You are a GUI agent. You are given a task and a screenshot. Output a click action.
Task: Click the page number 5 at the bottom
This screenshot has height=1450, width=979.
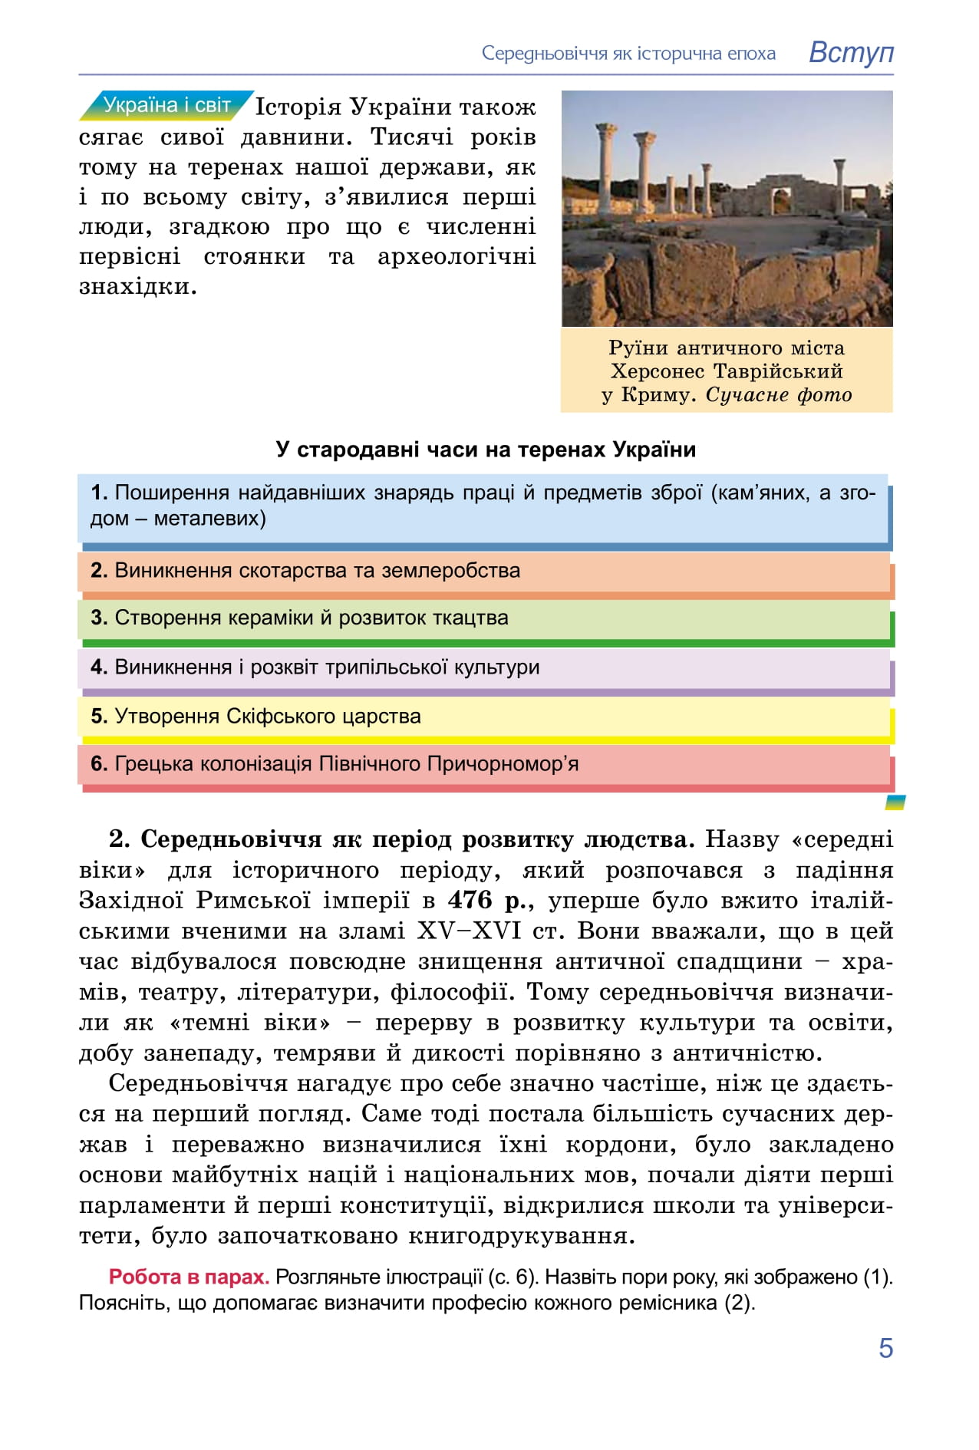pos(885,1347)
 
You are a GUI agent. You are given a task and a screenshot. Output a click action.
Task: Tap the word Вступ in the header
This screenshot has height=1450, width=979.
pos(851,52)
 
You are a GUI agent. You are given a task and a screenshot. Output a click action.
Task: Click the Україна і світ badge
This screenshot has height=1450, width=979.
pos(166,105)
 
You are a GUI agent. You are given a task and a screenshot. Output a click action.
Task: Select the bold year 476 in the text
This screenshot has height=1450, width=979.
pos(470,900)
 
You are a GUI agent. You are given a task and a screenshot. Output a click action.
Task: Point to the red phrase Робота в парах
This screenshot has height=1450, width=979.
pos(189,1277)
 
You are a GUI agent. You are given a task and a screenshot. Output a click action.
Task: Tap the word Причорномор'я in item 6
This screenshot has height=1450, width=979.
pos(503,764)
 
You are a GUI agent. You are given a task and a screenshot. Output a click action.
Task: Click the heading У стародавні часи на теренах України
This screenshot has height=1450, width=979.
pos(486,449)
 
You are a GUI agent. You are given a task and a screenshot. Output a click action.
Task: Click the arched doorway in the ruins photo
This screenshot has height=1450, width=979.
pos(781,199)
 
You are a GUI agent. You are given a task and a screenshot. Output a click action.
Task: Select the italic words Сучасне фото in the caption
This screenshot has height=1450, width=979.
pos(778,395)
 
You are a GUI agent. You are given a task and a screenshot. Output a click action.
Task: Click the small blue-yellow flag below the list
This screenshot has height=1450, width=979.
pos(895,802)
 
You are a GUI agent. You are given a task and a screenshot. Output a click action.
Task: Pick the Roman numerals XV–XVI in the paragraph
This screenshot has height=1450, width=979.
pos(469,931)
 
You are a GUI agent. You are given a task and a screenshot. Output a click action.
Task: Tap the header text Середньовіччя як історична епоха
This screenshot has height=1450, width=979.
pos(628,54)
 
